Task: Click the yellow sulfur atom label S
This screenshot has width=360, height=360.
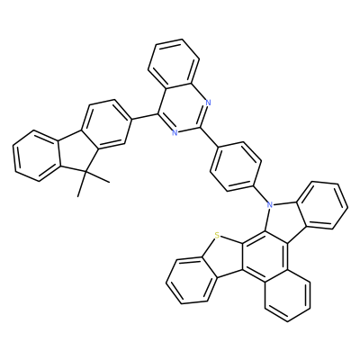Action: tap(217, 235)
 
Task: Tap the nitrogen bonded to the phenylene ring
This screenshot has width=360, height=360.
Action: tap(270, 205)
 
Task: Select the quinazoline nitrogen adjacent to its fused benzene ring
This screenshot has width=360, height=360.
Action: tap(209, 103)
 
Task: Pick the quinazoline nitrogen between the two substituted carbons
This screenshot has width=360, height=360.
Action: tap(175, 131)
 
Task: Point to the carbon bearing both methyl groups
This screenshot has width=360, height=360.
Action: tap(85, 172)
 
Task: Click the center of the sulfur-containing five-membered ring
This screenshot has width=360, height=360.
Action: tap(222, 255)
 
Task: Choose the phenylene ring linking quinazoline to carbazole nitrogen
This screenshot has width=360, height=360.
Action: tap(236, 166)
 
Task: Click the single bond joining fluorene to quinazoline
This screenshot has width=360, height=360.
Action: tap(145, 117)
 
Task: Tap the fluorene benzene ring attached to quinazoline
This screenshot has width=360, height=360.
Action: tap(105, 125)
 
